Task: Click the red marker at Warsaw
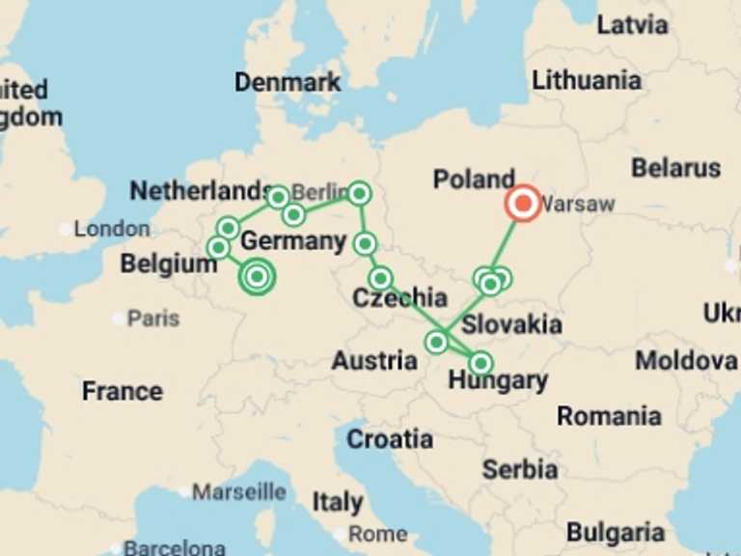pyautogui.click(x=523, y=204)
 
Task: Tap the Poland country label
pyautogui.click(x=473, y=180)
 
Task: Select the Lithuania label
pyautogui.click(x=587, y=80)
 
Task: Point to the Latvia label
pyautogui.click(x=632, y=24)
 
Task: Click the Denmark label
pyautogui.click(x=288, y=82)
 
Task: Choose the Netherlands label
pyautogui.click(x=200, y=190)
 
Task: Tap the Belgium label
pyautogui.click(x=169, y=264)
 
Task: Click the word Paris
pyautogui.click(x=153, y=318)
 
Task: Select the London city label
pyautogui.click(x=112, y=230)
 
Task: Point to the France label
pyautogui.click(x=122, y=391)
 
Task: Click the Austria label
pyautogui.click(x=374, y=361)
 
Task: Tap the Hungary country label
pyautogui.click(x=498, y=381)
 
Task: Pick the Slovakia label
pyautogui.click(x=511, y=323)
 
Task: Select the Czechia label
pyautogui.click(x=399, y=298)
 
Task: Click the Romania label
pyautogui.click(x=609, y=417)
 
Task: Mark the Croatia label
pyautogui.click(x=390, y=439)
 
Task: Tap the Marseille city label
pyautogui.click(x=238, y=492)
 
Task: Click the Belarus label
pyautogui.click(x=675, y=168)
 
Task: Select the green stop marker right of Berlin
pyautogui.click(x=359, y=193)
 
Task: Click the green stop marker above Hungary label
pyautogui.click(x=480, y=363)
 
